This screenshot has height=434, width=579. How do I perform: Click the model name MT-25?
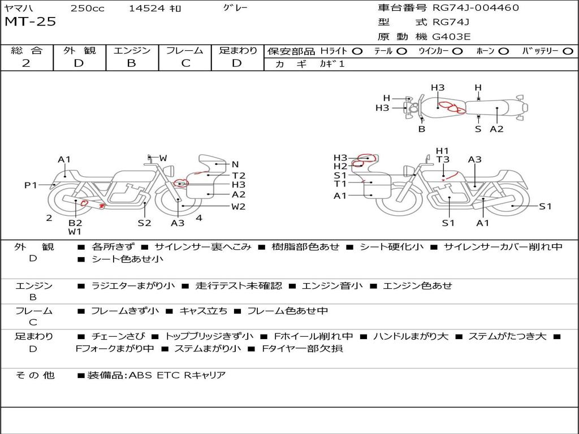31,21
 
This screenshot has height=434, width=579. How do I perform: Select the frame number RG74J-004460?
476,7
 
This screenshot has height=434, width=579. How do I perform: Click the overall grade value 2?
26,63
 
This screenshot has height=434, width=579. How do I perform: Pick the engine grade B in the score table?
131,63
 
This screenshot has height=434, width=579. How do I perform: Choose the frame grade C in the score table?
185,63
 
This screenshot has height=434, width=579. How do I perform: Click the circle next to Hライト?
357,51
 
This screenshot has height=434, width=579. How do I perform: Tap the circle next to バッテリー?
568,51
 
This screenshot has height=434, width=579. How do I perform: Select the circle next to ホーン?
504,51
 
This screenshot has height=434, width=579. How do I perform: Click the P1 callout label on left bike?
31,185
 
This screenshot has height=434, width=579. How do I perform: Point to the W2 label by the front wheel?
238,207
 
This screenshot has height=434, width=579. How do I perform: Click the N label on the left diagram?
235,164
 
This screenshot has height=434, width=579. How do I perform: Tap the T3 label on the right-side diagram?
442,159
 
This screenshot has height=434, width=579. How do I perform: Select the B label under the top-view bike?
422,129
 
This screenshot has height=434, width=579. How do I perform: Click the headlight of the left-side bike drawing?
170,171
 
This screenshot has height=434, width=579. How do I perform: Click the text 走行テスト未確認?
239,285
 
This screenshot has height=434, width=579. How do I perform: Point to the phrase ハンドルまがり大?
411,337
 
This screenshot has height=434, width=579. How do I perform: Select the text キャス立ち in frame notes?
204,311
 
